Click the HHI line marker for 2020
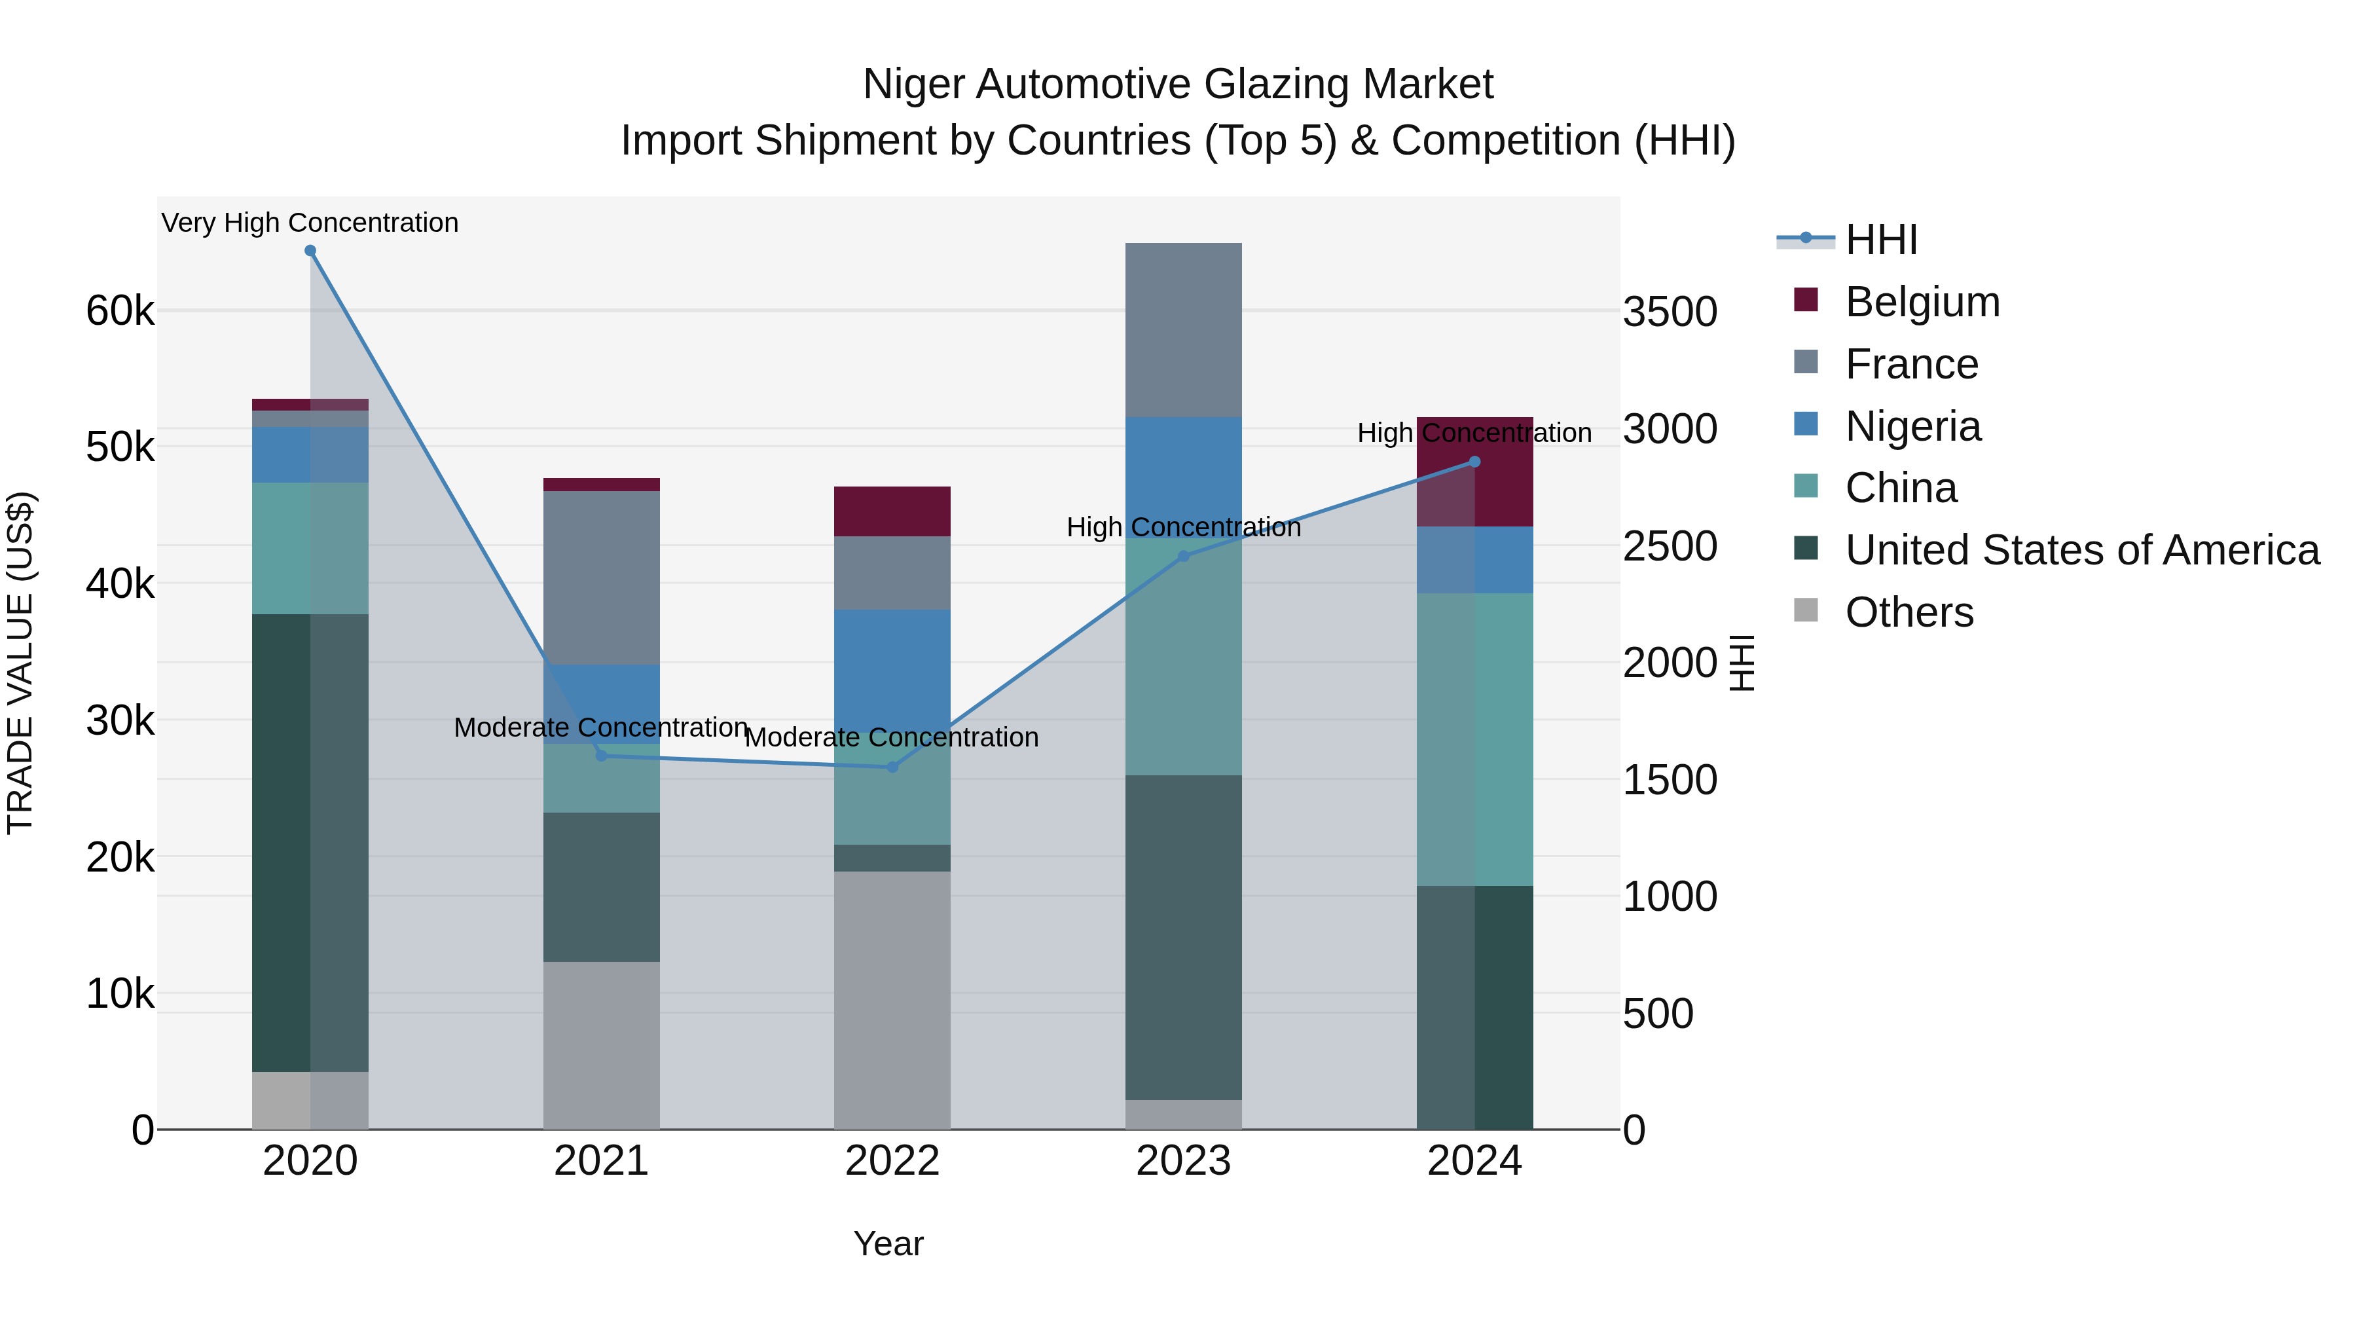310,251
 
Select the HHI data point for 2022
892,767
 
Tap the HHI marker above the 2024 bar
1474,462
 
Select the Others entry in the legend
1909,612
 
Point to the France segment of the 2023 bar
1183,329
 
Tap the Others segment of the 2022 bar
892,999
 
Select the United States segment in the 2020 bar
310,842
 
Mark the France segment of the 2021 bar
601,576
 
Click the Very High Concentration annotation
310,223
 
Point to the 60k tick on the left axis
120,311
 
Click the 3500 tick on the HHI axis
1670,312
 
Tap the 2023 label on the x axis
1183,1161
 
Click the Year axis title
888,1243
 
